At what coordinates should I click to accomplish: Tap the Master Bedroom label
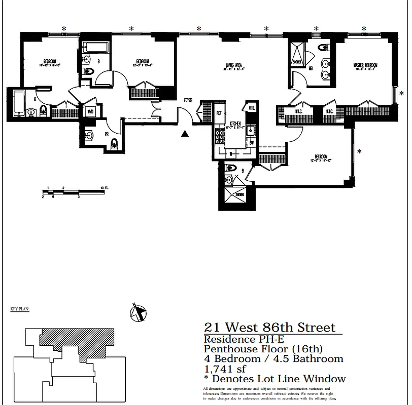[366, 65]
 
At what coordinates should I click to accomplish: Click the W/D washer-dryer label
[91, 111]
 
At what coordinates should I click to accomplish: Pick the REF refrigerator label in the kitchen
[220, 113]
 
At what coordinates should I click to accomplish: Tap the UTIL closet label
[252, 108]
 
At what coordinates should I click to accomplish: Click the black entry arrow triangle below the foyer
[185, 134]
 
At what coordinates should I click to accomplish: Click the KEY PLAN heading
[20, 308]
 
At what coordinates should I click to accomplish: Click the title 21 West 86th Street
[269, 328]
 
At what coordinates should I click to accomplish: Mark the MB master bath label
[311, 68]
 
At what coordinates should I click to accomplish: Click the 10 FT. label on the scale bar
[105, 188]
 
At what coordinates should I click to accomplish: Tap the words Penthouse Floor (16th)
[263, 349]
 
